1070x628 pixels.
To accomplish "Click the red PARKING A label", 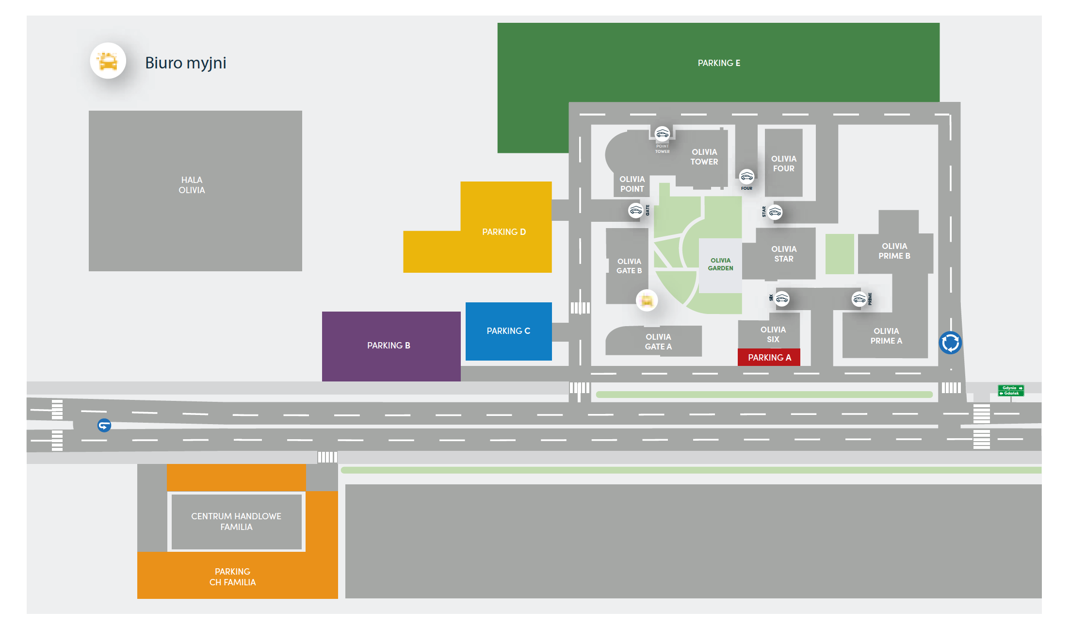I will (769, 358).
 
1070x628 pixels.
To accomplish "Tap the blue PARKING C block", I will (508, 331).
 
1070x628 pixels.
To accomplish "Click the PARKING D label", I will (504, 232).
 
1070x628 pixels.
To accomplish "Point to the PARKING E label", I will (718, 63).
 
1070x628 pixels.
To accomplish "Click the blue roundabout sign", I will (950, 343).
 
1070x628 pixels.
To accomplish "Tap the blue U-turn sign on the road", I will (104, 426).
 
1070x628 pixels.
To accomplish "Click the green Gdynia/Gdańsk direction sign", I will (1011, 391).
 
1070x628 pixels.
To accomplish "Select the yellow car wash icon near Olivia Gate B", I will (647, 300).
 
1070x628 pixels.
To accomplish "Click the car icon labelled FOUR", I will (746, 176).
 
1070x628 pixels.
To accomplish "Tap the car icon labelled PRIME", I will (859, 298).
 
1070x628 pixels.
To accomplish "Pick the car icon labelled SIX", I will (782, 298).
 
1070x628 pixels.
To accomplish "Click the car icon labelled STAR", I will (775, 212).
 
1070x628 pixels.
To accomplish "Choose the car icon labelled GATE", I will (635, 210).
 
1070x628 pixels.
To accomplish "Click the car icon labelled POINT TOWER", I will (662, 133).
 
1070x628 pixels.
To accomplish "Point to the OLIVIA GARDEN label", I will (720, 264).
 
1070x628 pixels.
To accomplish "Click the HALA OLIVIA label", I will (192, 185).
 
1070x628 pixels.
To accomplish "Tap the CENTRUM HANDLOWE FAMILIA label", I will (236, 522).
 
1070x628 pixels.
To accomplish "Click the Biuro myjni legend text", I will (186, 63).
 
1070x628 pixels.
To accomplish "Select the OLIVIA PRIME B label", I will (894, 251).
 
